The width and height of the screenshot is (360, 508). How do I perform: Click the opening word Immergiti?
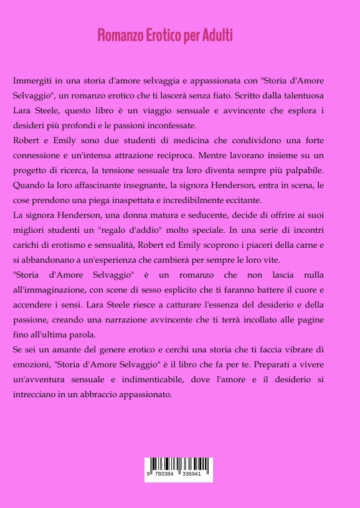[x=32, y=82]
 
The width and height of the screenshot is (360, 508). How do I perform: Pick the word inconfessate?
[x=168, y=125]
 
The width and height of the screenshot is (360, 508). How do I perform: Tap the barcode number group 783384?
[x=164, y=474]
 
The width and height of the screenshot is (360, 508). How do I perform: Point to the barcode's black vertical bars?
[x=179, y=464]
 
